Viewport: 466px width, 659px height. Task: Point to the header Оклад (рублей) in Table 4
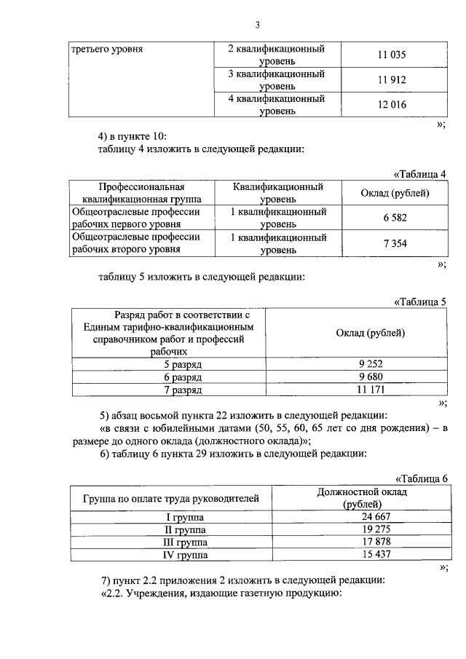pyautogui.click(x=395, y=193)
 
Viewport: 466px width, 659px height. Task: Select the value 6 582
pyautogui.click(x=394, y=218)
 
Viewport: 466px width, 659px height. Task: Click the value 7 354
pyautogui.click(x=394, y=243)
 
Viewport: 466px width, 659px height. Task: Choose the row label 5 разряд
pyautogui.click(x=168, y=363)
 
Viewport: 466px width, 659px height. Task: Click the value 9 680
pyautogui.click(x=370, y=376)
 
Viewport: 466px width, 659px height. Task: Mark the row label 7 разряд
pyautogui.click(x=168, y=390)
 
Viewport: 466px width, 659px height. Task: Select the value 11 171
pyautogui.click(x=370, y=390)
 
